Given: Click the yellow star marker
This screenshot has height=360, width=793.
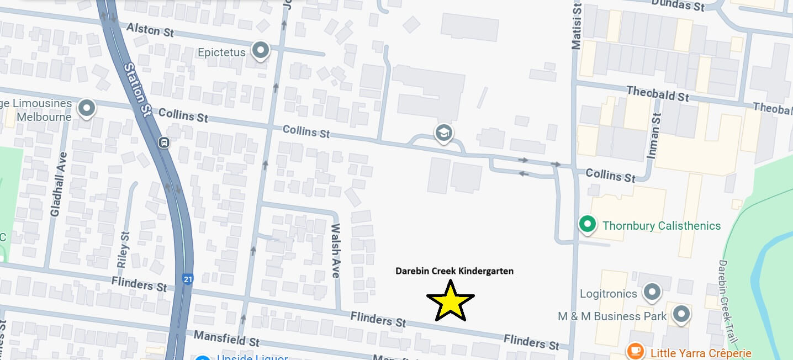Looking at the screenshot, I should [451, 301].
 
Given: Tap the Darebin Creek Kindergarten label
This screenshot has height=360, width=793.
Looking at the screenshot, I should [454, 271].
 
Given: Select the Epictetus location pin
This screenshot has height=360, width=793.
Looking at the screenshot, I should [260, 51].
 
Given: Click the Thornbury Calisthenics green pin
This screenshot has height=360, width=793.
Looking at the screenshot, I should [588, 225].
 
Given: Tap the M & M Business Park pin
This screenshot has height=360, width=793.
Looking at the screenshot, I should [681, 315].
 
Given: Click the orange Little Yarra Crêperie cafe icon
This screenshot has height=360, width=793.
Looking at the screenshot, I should [636, 351].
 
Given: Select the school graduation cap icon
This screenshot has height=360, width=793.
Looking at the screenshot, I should [443, 133].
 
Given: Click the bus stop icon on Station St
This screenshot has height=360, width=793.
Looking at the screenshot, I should [164, 142].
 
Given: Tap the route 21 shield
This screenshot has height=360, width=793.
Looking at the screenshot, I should [188, 279].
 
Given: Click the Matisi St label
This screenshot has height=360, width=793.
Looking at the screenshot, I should [577, 25].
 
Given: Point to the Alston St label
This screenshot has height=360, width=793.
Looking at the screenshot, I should [150, 29].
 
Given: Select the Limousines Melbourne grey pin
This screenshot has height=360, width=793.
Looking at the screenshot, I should [86, 109].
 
